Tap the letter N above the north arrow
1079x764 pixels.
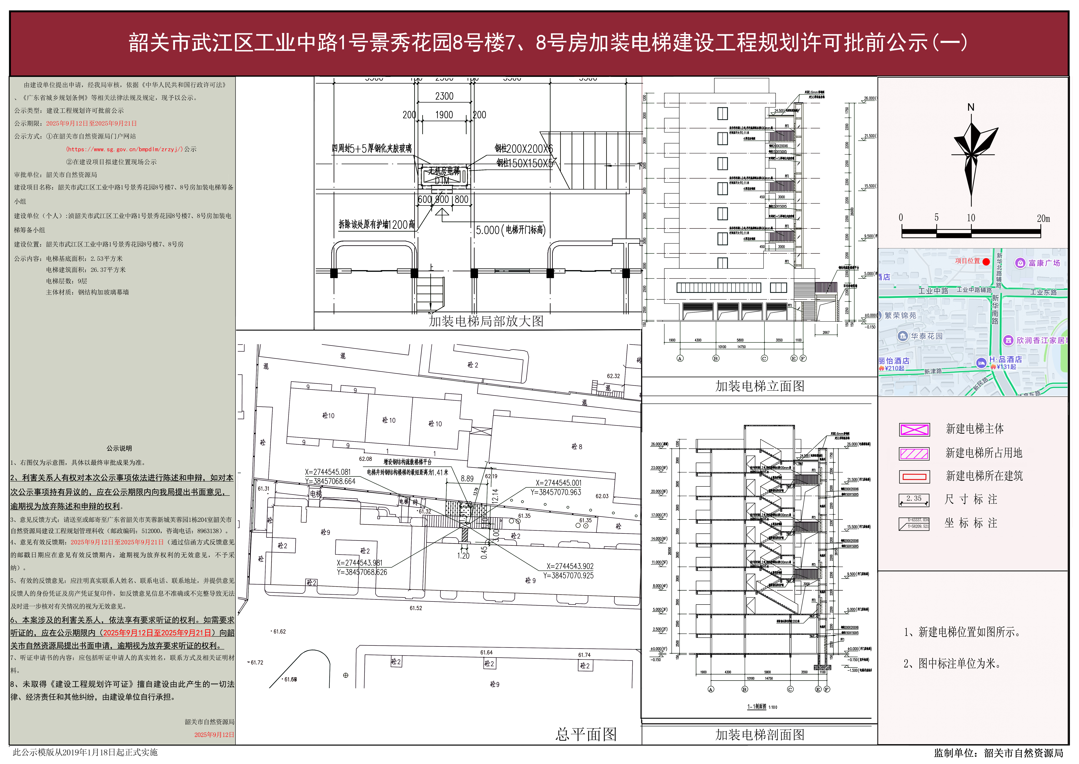971,107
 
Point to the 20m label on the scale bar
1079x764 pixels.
1043,218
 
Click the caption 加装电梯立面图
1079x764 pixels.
760,386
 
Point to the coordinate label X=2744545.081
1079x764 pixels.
328,472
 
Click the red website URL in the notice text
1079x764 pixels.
125,149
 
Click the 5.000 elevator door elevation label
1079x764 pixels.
510,230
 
